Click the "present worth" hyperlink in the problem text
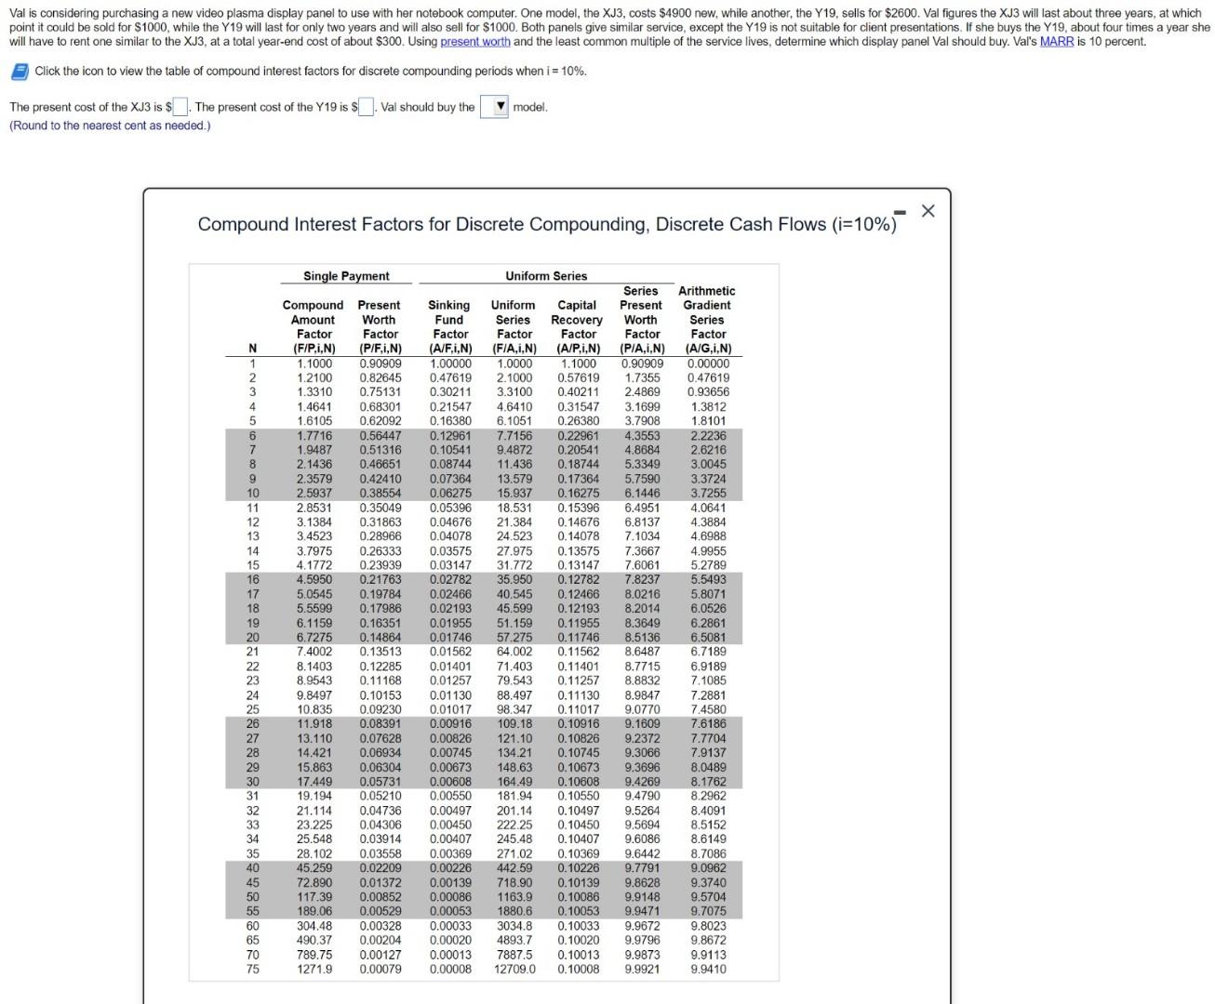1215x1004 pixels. click(x=474, y=42)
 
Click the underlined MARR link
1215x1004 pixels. click(x=1056, y=42)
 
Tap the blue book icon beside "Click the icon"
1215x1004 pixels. click(x=19, y=72)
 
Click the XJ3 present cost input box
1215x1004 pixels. click(x=180, y=107)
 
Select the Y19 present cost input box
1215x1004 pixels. click(x=367, y=107)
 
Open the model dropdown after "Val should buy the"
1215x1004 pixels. click(x=494, y=107)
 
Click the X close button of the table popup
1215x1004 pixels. click(x=928, y=211)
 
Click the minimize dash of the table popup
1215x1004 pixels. click(x=900, y=212)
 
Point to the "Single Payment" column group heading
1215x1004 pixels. click(x=346, y=276)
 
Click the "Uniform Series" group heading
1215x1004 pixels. click(x=546, y=276)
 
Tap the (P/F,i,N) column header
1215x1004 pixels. click(x=380, y=349)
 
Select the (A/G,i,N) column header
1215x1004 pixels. click(x=708, y=349)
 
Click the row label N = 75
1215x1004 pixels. click(x=252, y=969)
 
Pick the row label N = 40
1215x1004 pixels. click(x=252, y=868)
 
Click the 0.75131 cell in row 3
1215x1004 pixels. click(x=381, y=392)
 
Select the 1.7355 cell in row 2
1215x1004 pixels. click(x=642, y=378)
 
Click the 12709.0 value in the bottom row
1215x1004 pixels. click(x=514, y=969)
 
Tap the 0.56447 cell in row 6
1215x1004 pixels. click(x=381, y=436)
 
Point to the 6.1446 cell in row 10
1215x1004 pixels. click(x=642, y=494)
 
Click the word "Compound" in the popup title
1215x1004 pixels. click(x=244, y=225)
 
